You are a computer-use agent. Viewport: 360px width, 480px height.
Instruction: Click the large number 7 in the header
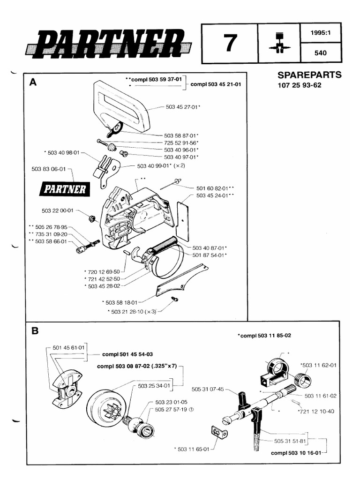(x=230, y=44)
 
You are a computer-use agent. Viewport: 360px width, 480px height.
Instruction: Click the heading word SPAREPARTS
(x=309, y=75)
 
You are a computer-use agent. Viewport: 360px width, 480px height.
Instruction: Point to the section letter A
(x=33, y=82)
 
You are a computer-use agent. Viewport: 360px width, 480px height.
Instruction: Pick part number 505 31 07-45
(x=208, y=388)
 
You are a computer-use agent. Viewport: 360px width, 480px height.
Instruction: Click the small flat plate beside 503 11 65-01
(x=217, y=432)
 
